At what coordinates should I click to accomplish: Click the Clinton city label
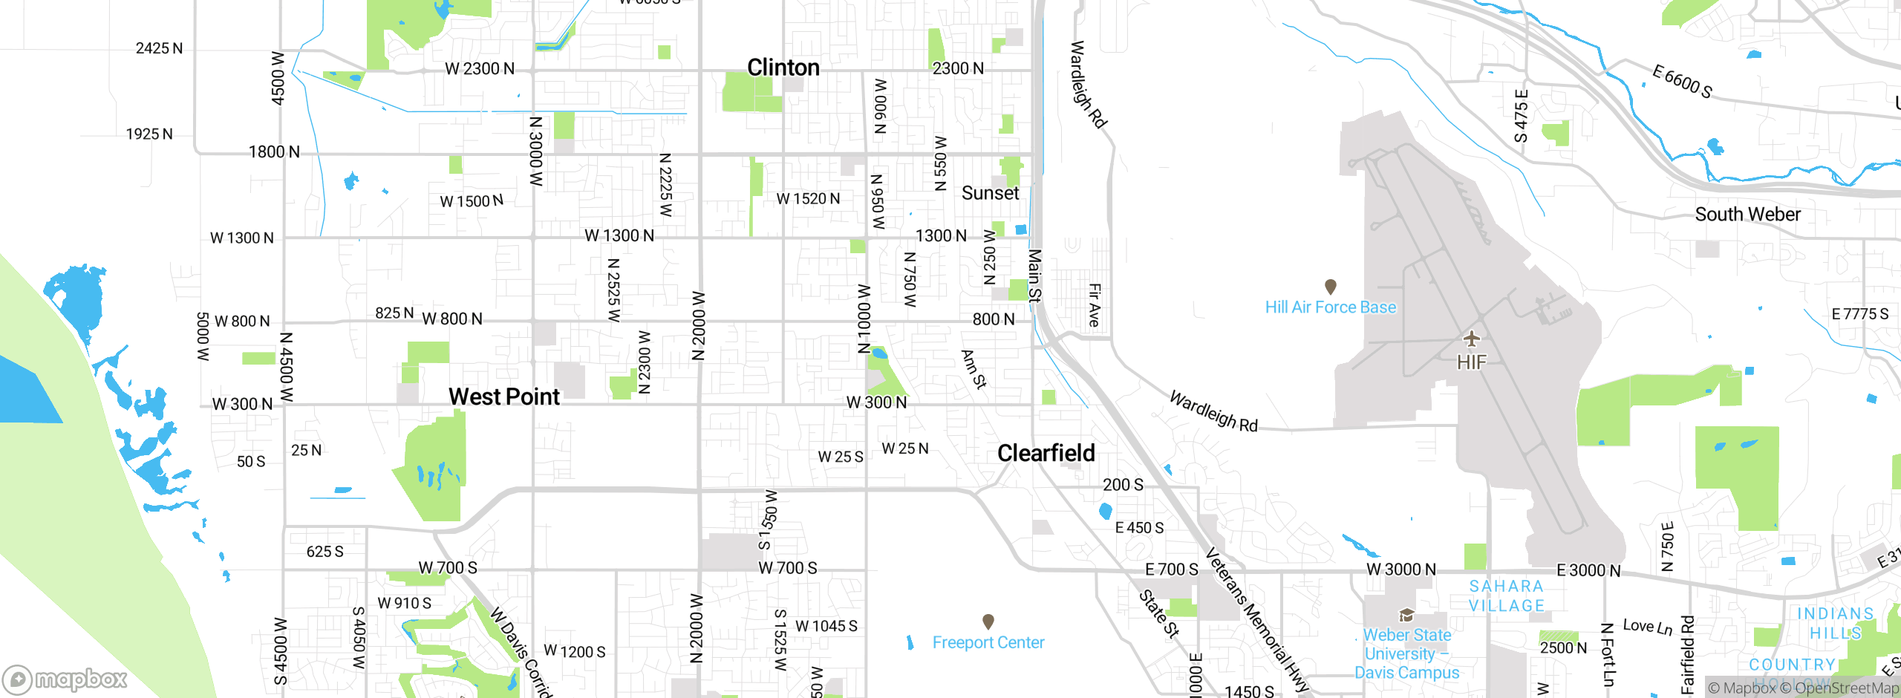783,68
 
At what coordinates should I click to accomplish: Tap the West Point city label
503,397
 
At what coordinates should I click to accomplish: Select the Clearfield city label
1046,453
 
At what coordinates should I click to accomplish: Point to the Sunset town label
990,193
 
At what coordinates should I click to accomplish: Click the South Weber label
1747,215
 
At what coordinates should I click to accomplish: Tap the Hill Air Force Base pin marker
1331,287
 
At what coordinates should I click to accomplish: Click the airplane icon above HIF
1471,339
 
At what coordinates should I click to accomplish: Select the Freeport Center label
988,642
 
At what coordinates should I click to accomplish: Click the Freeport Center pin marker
988,621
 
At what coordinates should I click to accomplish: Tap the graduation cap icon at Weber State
1406,615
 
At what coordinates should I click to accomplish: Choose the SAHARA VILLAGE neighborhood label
1507,596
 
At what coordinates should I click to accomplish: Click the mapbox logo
65,679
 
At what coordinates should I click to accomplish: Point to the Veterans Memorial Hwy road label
1255,619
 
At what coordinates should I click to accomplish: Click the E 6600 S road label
1682,82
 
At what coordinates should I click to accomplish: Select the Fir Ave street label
1095,304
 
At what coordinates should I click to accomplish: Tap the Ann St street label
974,369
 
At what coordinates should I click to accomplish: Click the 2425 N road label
159,48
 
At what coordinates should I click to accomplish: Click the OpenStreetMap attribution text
1845,688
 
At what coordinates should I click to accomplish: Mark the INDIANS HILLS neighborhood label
1834,623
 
